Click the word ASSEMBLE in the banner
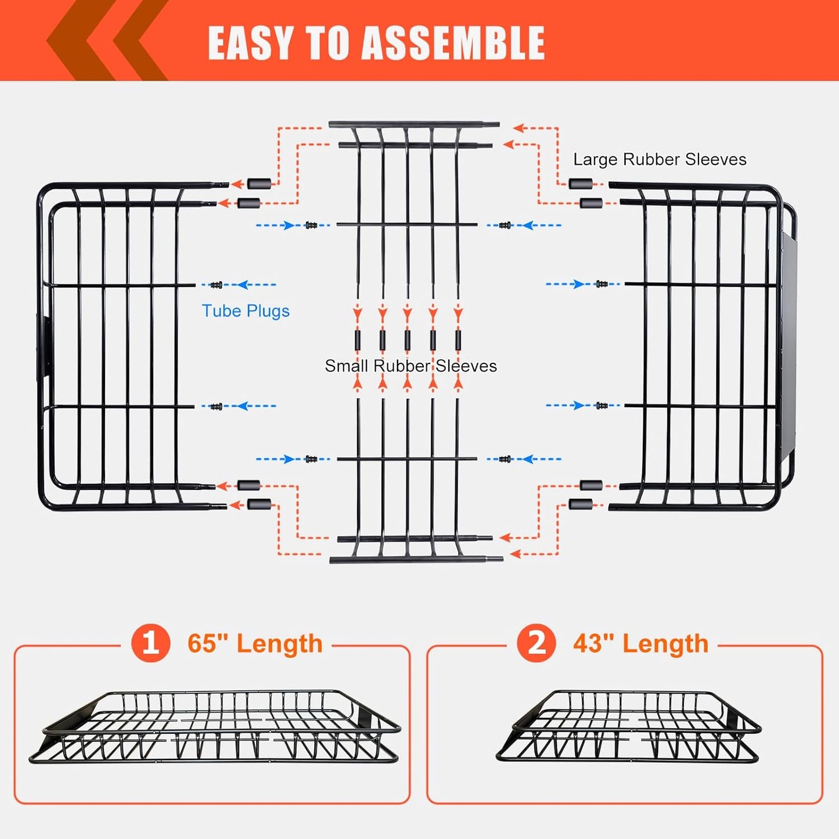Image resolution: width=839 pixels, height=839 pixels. point(453,43)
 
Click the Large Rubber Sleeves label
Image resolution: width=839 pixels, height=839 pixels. point(660,159)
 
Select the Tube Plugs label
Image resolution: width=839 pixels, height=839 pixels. point(245,311)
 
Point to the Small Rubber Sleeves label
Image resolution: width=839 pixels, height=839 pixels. point(411,366)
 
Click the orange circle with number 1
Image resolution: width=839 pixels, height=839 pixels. point(150,643)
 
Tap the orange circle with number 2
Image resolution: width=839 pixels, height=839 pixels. point(536,643)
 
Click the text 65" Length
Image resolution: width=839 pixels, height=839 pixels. point(255,643)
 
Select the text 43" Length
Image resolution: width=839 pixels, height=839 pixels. point(640,643)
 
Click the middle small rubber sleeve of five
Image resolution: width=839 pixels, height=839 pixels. point(408,340)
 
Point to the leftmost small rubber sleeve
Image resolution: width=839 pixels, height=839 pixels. point(358,340)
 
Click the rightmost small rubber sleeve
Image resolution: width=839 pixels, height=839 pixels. point(458,340)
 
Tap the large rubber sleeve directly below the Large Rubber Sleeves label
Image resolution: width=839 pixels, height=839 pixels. point(580,184)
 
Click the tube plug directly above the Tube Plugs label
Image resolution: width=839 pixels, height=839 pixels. point(217,285)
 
